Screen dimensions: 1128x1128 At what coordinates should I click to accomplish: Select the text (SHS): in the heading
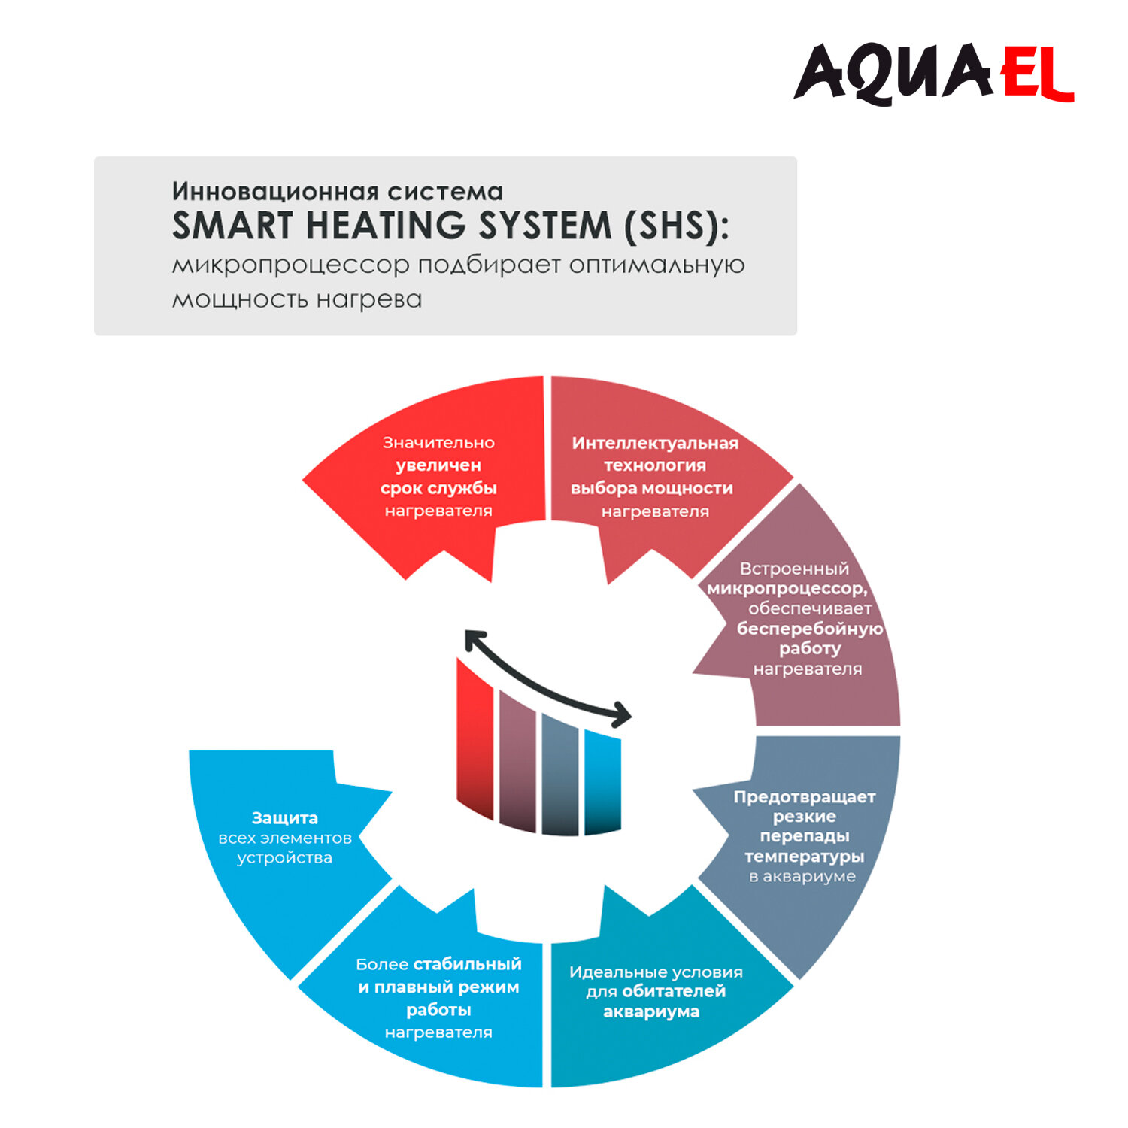point(675,226)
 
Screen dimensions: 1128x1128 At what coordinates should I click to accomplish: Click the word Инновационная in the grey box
point(275,191)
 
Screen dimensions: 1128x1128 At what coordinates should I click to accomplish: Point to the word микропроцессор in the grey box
point(291,265)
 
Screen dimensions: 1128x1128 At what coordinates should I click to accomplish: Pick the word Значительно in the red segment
point(438,443)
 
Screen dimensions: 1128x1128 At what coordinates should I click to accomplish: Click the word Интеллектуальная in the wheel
point(655,443)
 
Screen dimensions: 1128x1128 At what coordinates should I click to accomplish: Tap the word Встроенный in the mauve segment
point(794,569)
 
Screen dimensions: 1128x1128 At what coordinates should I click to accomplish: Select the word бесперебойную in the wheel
point(810,629)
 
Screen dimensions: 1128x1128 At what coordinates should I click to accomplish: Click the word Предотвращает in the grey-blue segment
point(805,796)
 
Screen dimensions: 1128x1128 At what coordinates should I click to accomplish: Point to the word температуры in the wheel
point(805,856)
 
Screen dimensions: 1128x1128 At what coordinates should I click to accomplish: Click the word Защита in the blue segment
point(284,817)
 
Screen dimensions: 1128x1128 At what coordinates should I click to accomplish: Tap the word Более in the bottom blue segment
point(382,964)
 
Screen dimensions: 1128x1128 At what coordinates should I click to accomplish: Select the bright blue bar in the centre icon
point(602,782)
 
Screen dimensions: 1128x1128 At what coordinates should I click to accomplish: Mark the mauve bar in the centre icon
point(517,760)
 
